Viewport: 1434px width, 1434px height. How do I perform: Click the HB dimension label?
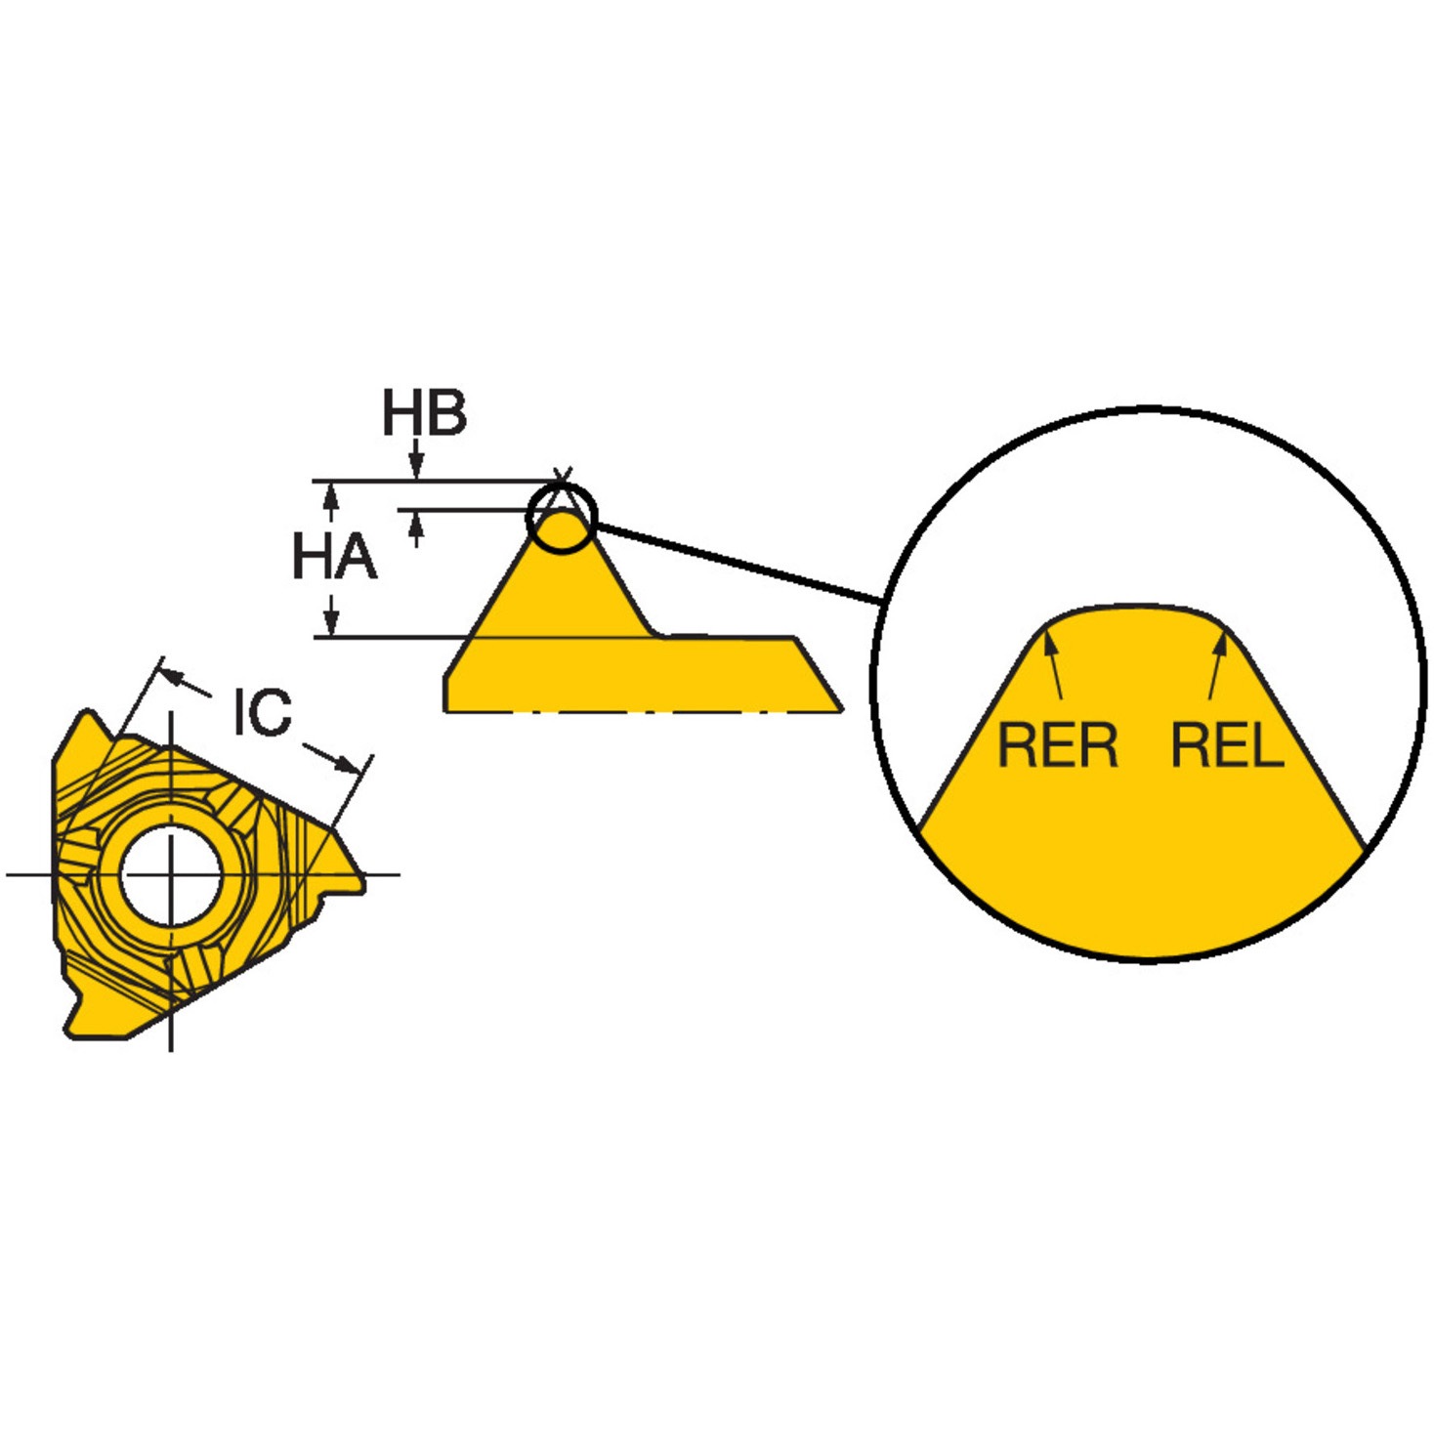[424, 413]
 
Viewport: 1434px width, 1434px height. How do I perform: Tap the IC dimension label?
[261, 713]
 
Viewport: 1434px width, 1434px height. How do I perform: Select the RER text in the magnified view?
[1058, 746]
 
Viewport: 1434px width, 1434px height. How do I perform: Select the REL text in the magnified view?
[1227, 746]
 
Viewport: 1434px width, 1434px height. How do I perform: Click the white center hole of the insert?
[172, 873]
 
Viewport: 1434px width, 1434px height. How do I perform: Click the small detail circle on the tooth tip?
[562, 518]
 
